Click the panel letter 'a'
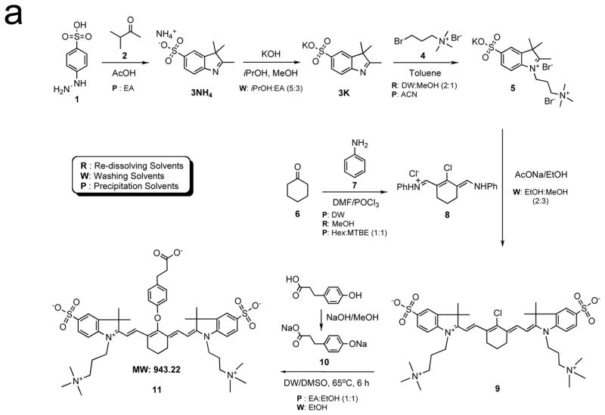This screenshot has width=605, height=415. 16,17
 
